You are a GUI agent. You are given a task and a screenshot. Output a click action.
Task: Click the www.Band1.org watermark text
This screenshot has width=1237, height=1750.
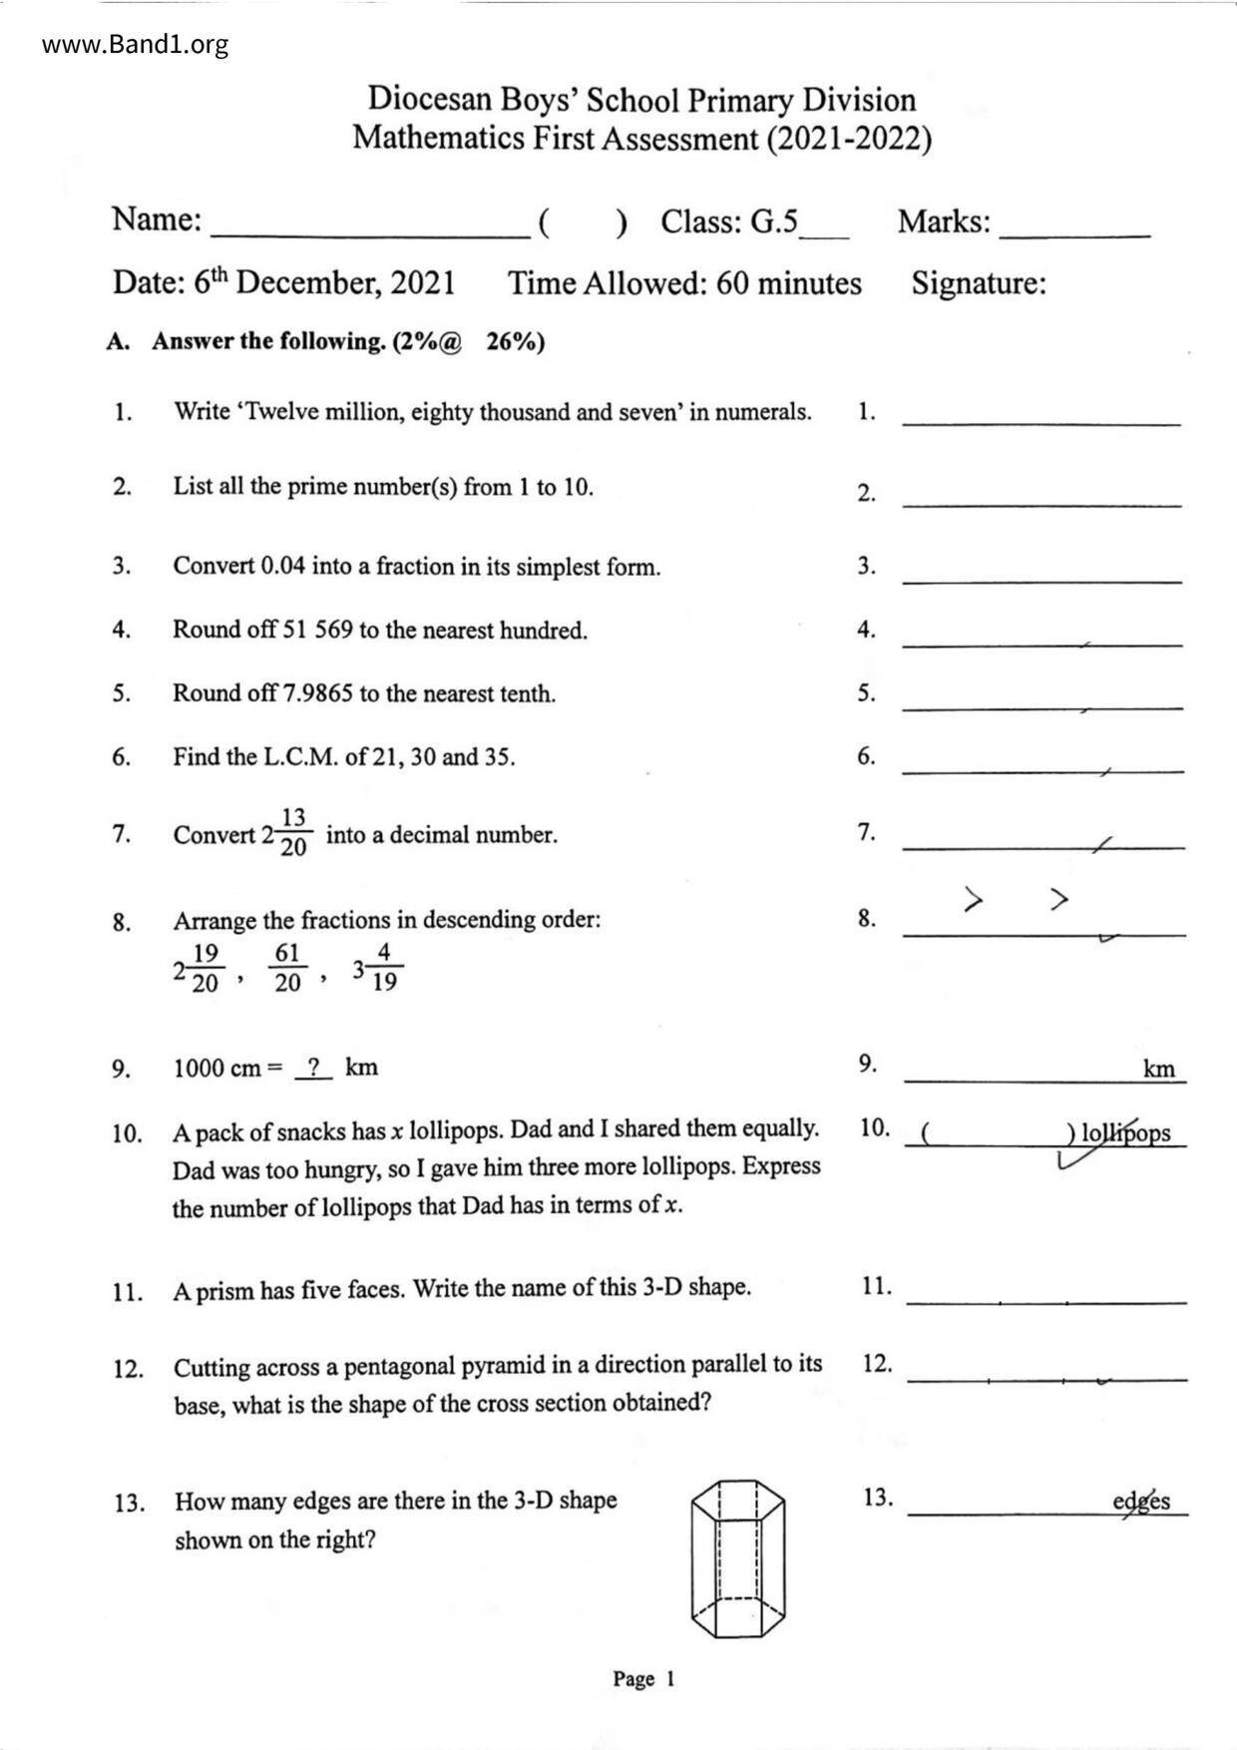[x=136, y=45]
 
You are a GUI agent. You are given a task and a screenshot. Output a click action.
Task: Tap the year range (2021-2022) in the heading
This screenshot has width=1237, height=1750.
[x=849, y=138]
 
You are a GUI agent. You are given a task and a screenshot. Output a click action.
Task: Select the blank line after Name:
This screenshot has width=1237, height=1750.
[x=370, y=231]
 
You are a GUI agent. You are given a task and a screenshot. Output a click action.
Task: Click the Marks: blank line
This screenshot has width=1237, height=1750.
[x=1074, y=231]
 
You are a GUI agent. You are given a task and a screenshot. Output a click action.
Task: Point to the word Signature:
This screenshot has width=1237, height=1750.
[x=979, y=283]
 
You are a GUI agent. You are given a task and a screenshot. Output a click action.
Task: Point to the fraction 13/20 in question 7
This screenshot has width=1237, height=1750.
[x=293, y=833]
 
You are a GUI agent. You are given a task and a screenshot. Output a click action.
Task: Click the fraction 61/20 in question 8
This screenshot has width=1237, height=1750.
[x=287, y=968]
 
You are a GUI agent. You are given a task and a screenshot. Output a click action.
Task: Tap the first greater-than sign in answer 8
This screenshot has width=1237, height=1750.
[x=974, y=900]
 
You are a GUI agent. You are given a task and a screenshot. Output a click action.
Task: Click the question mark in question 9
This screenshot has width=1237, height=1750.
[x=313, y=1068]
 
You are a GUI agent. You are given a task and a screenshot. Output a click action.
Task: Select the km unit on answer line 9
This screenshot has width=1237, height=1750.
[x=1159, y=1070]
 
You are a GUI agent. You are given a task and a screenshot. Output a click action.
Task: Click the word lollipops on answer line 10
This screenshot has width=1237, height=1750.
[x=1126, y=1133]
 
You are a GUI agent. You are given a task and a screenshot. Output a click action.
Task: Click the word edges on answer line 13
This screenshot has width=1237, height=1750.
[x=1141, y=1502]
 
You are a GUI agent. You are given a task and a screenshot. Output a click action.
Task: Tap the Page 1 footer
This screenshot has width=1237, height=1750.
[x=643, y=1679]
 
